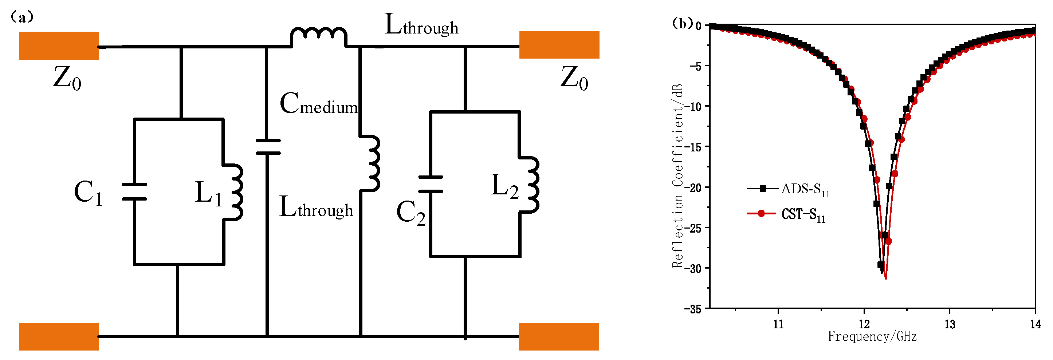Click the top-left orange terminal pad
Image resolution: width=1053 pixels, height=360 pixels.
click(59, 46)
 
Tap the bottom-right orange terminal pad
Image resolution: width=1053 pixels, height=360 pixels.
click(559, 336)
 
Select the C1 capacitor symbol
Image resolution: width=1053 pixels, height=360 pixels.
click(134, 191)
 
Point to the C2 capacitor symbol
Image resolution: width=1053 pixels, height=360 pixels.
click(431, 184)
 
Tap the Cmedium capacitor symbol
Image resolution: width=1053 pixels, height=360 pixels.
click(268, 147)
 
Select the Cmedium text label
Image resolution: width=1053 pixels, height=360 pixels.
click(318, 104)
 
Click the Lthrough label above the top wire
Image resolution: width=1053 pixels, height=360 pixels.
click(421, 25)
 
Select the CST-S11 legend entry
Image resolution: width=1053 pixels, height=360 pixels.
click(786, 214)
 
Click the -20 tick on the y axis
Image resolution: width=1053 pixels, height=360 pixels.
click(695, 187)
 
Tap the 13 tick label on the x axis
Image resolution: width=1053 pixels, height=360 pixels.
click(950, 324)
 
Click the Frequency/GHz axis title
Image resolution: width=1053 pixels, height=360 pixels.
click(872, 337)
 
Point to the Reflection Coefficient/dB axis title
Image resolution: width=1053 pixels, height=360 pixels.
click(678, 176)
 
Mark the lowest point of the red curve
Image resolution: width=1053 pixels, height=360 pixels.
click(885, 279)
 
